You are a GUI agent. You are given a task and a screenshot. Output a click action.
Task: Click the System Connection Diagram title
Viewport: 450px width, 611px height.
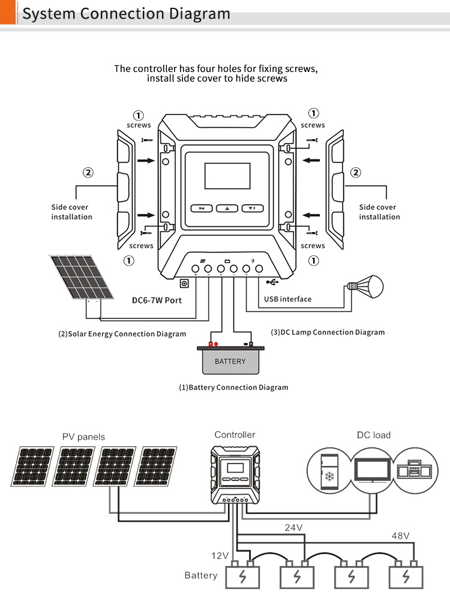(126, 14)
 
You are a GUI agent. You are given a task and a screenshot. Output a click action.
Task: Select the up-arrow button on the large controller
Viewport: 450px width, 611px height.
(227, 209)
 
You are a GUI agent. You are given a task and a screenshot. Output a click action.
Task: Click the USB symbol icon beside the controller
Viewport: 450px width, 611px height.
(272, 281)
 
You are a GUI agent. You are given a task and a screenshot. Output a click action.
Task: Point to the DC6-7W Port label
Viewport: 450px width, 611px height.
(157, 300)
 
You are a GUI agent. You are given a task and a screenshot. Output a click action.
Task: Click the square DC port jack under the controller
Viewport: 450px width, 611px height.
(185, 284)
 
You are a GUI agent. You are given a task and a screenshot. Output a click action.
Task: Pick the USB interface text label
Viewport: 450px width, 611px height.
(288, 299)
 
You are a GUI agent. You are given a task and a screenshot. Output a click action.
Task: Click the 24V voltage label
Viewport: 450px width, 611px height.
(293, 528)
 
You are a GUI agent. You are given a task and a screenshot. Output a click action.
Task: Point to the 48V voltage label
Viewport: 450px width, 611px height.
(400, 535)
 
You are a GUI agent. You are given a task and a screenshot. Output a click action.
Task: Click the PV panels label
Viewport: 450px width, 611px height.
(83, 437)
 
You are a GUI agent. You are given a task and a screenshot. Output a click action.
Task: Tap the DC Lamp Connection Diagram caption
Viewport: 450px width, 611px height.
(328, 332)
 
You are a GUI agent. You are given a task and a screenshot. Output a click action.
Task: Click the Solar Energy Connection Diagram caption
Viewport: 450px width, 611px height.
(122, 334)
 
